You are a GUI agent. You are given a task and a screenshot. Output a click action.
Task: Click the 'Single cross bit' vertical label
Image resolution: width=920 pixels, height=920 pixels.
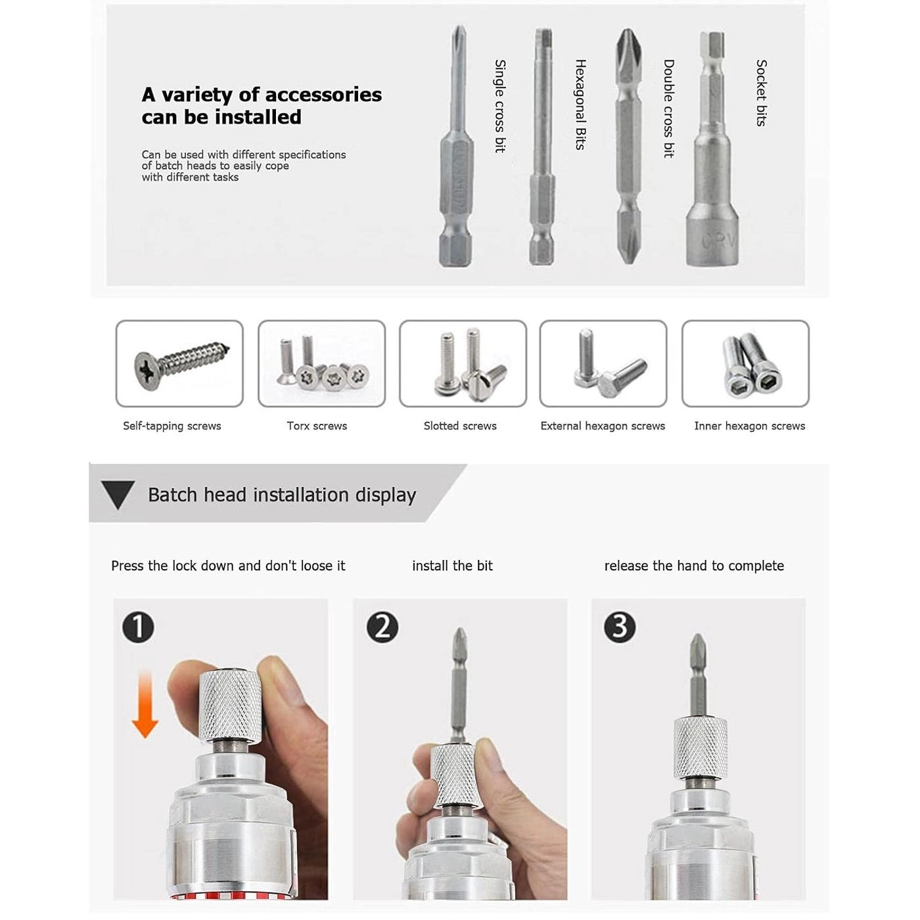tap(500, 106)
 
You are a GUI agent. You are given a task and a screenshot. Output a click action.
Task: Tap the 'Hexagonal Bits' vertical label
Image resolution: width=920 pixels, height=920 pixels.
tap(580, 104)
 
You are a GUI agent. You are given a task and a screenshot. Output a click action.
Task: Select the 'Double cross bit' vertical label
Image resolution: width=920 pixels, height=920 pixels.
tap(669, 108)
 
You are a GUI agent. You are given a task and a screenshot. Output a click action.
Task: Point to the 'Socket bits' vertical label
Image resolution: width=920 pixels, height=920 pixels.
tap(761, 93)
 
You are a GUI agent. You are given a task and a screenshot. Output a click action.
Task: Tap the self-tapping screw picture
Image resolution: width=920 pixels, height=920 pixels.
tap(179, 363)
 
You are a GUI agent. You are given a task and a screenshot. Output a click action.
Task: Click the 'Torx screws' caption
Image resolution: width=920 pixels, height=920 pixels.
tap(317, 426)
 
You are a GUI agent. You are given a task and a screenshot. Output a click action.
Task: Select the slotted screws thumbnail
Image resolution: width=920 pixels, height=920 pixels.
tap(463, 363)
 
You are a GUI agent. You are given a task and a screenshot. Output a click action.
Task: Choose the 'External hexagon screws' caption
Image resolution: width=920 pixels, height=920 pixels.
tap(603, 426)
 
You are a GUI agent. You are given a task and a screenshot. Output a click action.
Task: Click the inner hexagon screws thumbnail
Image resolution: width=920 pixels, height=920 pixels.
tap(745, 363)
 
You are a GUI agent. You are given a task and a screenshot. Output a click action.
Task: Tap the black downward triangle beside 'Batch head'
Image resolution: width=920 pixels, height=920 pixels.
tap(118, 494)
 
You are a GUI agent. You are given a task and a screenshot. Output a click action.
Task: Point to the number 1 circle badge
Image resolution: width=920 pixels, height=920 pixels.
tap(138, 627)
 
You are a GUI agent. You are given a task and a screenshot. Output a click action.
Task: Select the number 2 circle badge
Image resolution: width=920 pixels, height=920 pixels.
tap(382, 627)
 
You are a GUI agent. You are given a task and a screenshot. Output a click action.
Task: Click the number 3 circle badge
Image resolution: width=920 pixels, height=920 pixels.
tap(620, 627)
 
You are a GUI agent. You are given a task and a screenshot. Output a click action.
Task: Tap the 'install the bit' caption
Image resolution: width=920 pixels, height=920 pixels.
tap(452, 566)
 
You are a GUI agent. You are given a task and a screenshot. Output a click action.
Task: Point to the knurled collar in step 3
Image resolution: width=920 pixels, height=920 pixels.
tap(701, 748)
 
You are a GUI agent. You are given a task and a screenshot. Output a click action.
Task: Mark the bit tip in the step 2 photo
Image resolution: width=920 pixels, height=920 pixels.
tap(460, 637)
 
